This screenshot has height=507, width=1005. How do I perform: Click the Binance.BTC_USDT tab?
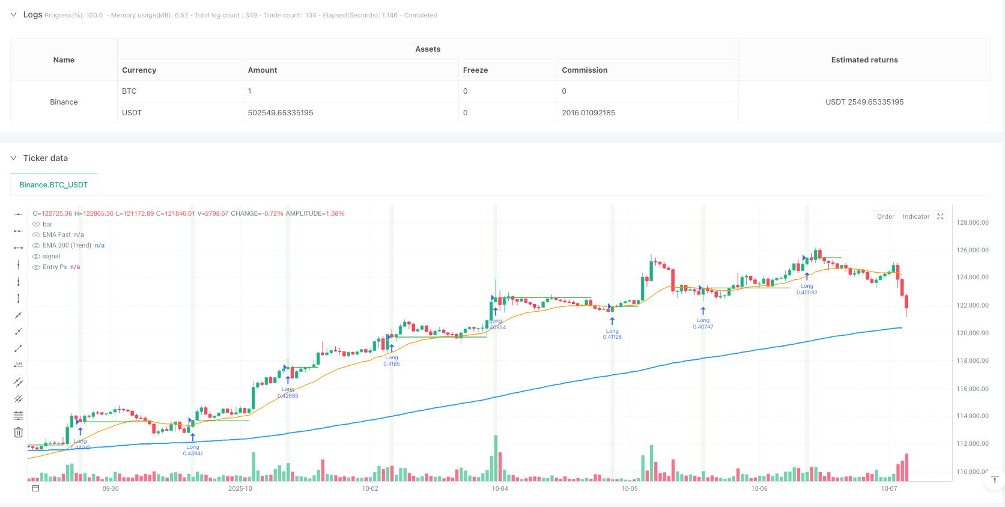pyautogui.click(x=53, y=185)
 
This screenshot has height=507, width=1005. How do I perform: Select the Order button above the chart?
pyautogui.click(x=885, y=217)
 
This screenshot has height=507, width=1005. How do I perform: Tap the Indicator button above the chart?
pyautogui.click(x=915, y=217)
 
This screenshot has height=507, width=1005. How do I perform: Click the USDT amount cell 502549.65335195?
pyautogui.click(x=281, y=113)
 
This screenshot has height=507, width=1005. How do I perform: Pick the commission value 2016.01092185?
pyautogui.click(x=588, y=113)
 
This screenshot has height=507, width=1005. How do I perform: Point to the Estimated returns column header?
pyautogui.click(x=864, y=60)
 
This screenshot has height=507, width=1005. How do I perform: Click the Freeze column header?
pyautogui.click(x=475, y=70)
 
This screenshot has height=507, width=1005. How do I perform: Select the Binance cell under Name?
pyautogui.click(x=64, y=102)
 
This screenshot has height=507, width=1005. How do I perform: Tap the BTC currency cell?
pyautogui.click(x=129, y=91)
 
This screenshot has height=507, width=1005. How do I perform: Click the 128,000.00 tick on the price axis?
pyautogui.click(x=972, y=223)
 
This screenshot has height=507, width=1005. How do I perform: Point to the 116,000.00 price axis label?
pyautogui.click(x=972, y=389)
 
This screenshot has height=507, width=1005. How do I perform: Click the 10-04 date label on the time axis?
pyautogui.click(x=500, y=489)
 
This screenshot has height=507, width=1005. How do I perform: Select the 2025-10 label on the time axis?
pyautogui.click(x=240, y=489)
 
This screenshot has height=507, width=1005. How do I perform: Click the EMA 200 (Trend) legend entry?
pyautogui.click(x=67, y=246)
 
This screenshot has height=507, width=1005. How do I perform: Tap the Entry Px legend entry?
pyautogui.click(x=55, y=267)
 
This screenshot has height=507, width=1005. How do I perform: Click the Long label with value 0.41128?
pyautogui.click(x=612, y=334)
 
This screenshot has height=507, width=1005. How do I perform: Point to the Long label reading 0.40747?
pyautogui.click(x=703, y=324)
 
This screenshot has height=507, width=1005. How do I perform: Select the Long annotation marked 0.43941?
pyautogui.click(x=193, y=450)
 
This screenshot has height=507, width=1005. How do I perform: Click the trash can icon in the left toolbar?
pyautogui.click(x=19, y=433)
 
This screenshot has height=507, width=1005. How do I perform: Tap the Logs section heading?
pyautogui.click(x=32, y=14)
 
